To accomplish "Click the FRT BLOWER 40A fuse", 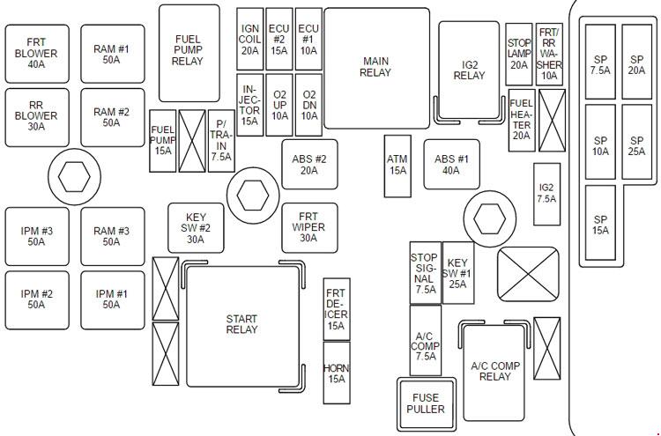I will [x=36, y=54].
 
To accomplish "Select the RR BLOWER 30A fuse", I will [x=36, y=117].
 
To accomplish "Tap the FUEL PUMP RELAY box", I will [x=188, y=54].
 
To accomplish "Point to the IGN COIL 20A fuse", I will [x=249, y=40].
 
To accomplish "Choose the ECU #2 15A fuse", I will [x=279, y=40].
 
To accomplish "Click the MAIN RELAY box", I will [x=375, y=68].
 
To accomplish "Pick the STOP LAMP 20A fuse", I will [x=519, y=54].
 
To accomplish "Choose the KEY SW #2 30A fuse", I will [x=196, y=227].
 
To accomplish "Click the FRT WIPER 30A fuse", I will [x=308, y=227].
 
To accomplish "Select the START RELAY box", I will [x=241, y=324].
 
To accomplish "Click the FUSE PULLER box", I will [x=426, y=403].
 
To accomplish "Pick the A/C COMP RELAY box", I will [x=494, y=371].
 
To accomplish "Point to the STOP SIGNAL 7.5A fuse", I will [x=425, y=273].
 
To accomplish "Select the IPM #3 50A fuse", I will [x=36, y=237].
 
